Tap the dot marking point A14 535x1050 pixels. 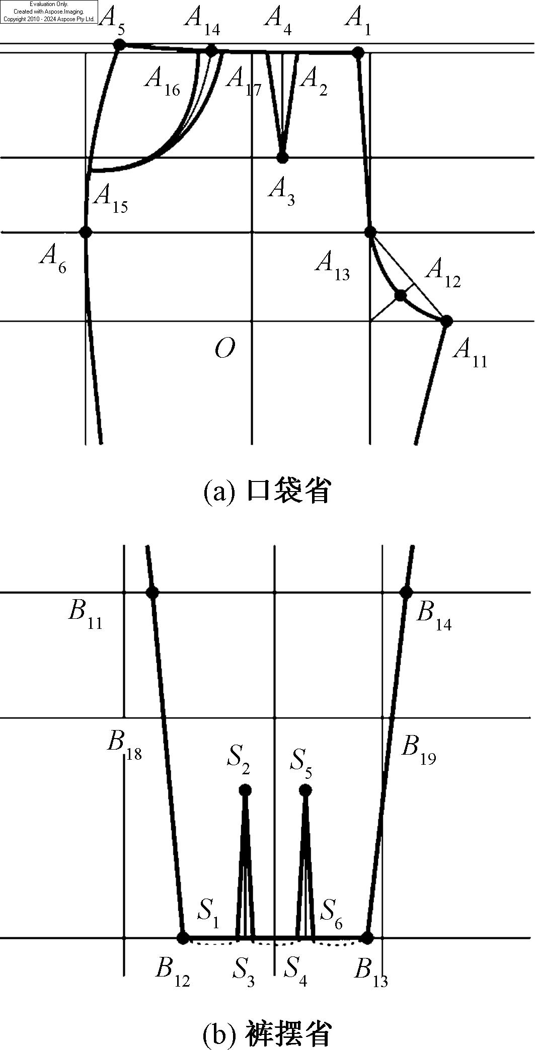click(211, 50)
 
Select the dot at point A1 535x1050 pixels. click(358, 52)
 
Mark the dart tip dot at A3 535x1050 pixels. click(282, 157)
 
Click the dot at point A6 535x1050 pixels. click(86, 232)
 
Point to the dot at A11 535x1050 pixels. click(446, 320)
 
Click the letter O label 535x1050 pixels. click(224, 348)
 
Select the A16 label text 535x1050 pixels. click(162, 80)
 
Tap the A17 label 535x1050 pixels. click(244, 80)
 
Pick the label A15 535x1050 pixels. click(111, 197)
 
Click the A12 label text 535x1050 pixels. click(443, 272)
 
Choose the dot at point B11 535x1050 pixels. click(152, 592)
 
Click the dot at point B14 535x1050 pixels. click(406, 592)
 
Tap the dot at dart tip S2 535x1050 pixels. click(245, 790)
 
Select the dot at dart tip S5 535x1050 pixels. click(305, 790)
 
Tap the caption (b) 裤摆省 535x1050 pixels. click(267, 1033)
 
